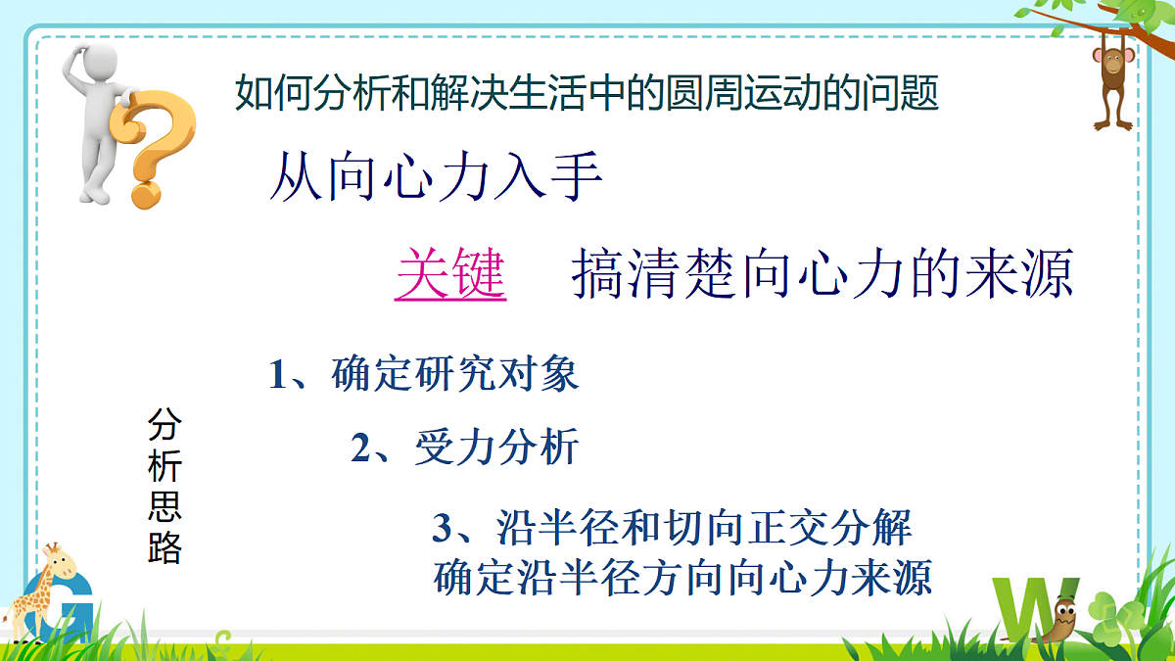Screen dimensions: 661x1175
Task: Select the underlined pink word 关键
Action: (x=449, y=275)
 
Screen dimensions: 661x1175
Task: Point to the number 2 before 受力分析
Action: (x=361, y=449)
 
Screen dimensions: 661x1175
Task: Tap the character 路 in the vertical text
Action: (x=164, y=548)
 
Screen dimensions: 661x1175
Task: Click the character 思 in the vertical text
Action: (x=164, y=507)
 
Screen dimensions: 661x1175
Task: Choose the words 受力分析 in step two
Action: (x=496, y=449)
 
